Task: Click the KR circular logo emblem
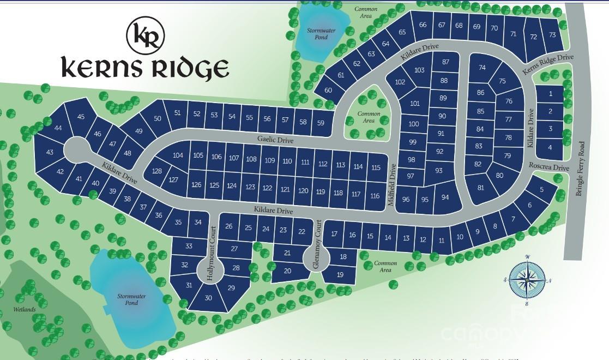[x=145, y=35]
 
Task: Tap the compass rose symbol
[x=527, y=279]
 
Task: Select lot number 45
[x=81, y=117]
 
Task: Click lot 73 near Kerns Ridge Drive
[x=552, y=35]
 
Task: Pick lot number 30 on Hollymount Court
[x=208, y=298]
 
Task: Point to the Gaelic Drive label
[x=275, y=140]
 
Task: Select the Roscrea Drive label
[x=548, y=168]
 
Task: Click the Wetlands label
[x=24, y=309]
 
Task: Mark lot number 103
[x=419, y=70]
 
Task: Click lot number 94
[x=445, y=197]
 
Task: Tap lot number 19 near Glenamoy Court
[x=340, y=274]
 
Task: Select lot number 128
[x=157, y=171]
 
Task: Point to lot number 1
[x=551, y=94]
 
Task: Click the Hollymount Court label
[x=212, y=253]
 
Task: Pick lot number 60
[x=328, y=90]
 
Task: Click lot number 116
[x=375, y=195]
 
